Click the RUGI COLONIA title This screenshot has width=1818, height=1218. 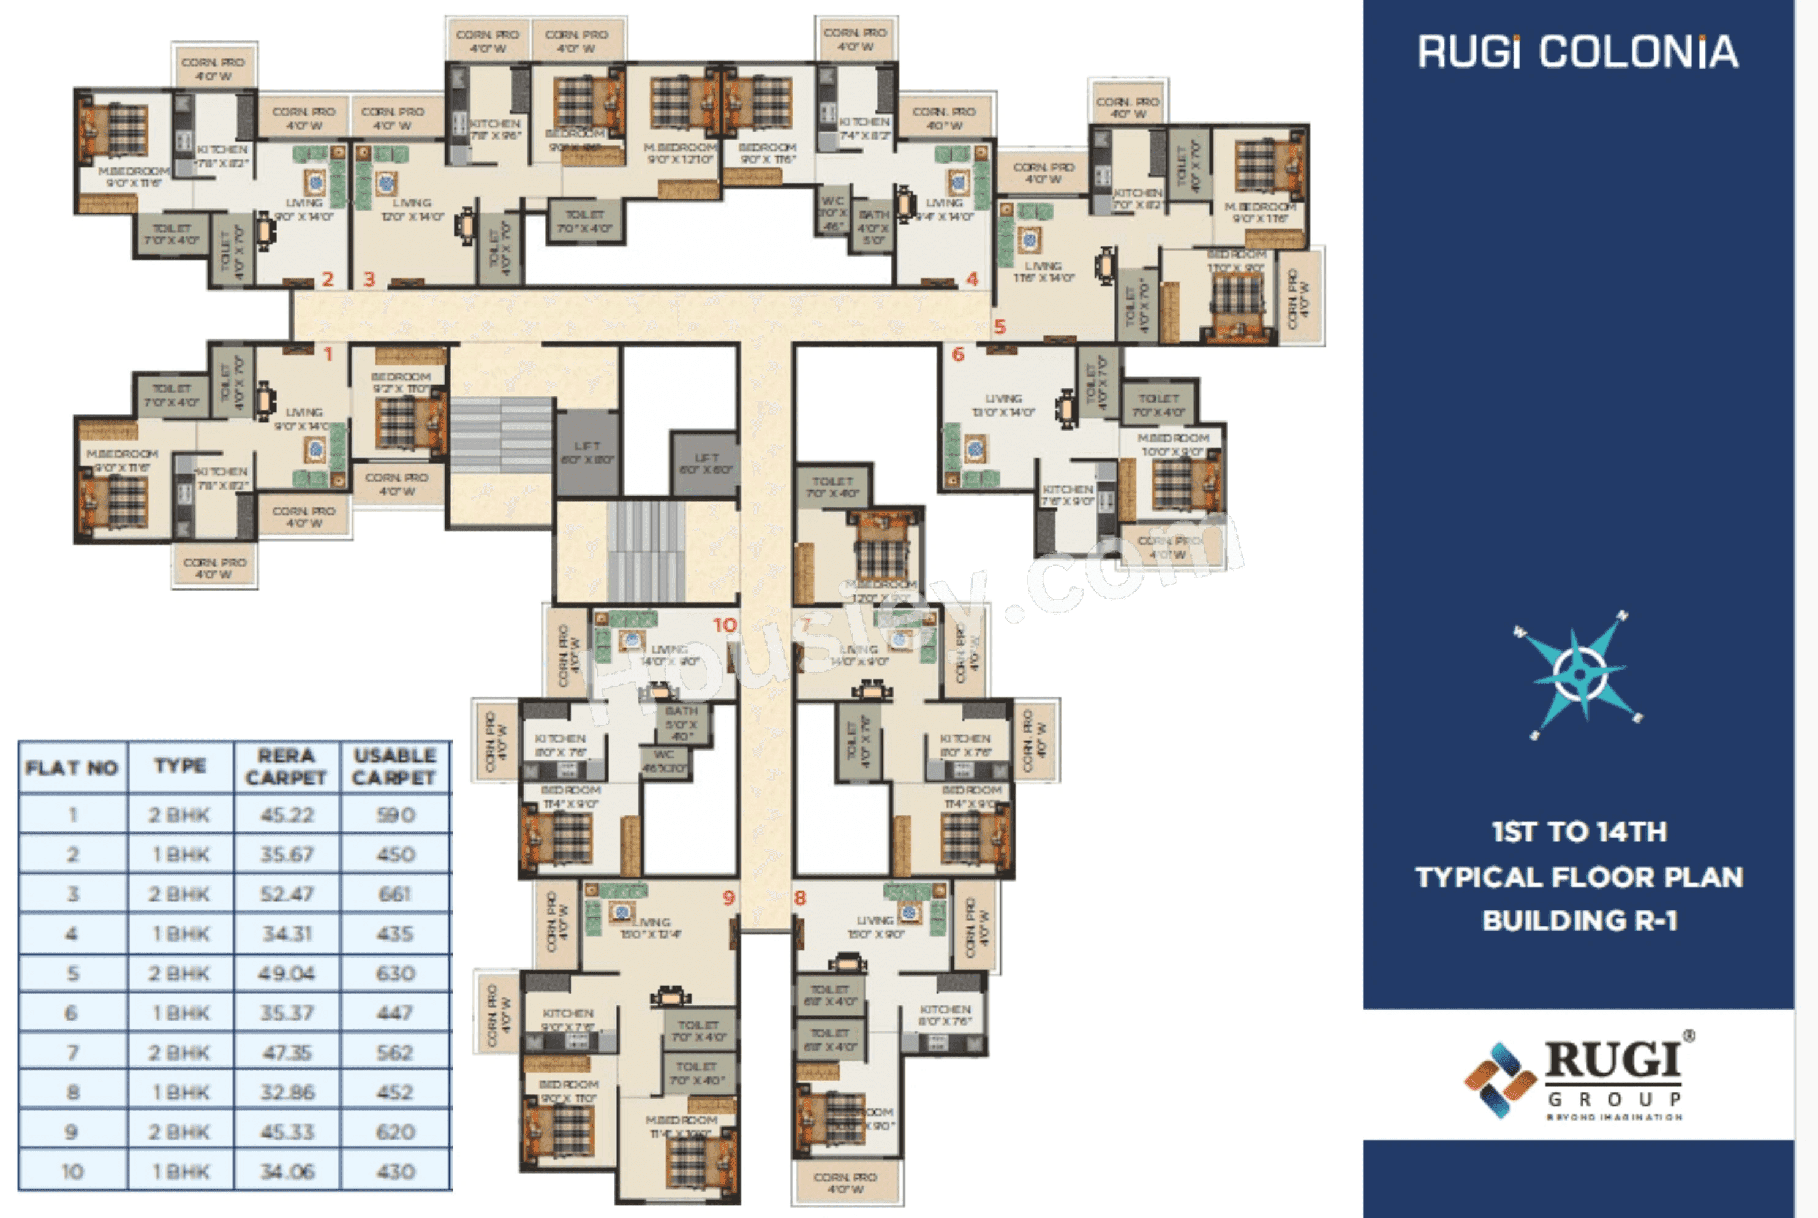tap(1577, 52)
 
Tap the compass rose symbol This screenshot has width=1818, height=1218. tap(1578, 673)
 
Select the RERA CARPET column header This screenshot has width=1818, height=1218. tap(287, 766)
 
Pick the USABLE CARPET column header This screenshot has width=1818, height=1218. tap(394, 766)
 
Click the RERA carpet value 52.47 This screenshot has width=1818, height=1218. tap(287, 894)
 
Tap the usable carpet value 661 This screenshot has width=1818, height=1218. tap(394, 894)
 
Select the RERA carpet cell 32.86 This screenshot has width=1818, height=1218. tap(287, 1092)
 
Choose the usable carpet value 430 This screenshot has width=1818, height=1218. tap(394, 1171)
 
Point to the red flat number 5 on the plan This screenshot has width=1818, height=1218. tap(1000, 328)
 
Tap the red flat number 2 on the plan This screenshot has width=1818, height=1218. tap(328, 279)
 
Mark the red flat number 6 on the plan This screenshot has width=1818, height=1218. tap(959, 355)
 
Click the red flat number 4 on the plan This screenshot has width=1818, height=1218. tap(972, 279)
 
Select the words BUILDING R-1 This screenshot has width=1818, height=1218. tap(1580, 921)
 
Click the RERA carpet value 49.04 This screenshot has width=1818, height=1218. tap(287, 974)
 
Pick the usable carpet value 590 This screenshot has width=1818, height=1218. tap(394, 815)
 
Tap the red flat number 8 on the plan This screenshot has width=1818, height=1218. tap(800, 899)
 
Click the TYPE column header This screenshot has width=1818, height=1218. tap(180, 766)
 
